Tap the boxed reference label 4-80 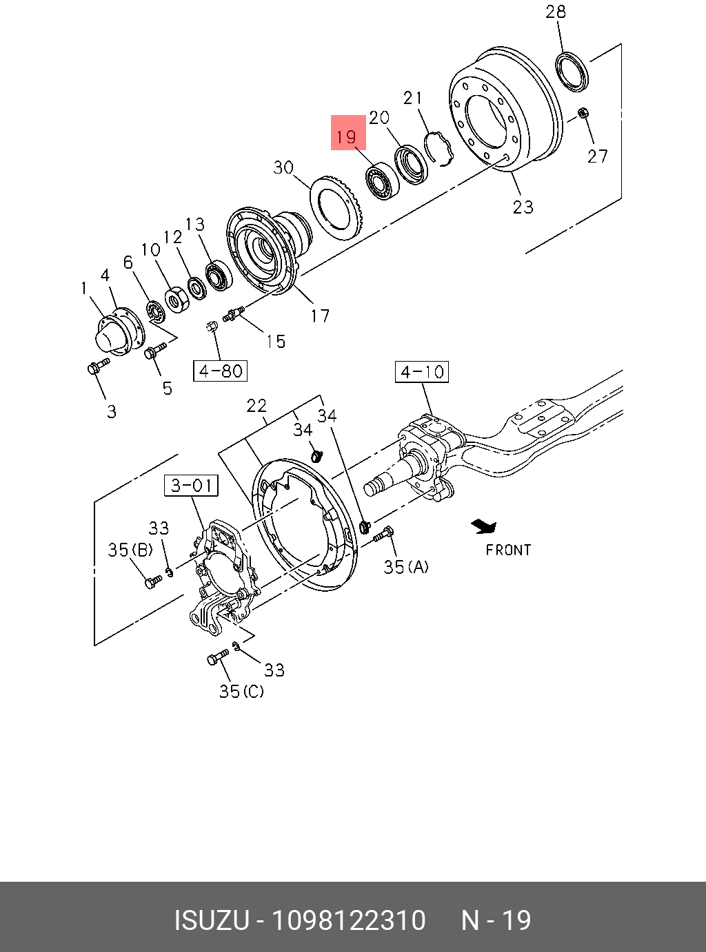point(220,371)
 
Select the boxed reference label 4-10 point(422,372)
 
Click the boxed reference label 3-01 point(191,486)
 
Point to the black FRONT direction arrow point(484,527)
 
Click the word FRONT point(508,550)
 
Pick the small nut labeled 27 point(583,112)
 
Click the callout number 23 point(523,207)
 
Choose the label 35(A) point(406,567)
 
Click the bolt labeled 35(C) point(217,657)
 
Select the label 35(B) point(130,550)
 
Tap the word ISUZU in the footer point(210,920)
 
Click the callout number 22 point(256,406)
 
